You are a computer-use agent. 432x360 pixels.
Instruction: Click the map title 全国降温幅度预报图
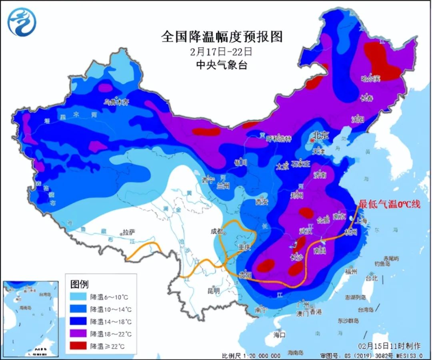(222, 37)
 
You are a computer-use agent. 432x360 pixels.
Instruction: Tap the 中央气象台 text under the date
(222, 65)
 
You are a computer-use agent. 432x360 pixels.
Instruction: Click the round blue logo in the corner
(22, 22)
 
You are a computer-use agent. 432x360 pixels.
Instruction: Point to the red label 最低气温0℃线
(389, 204)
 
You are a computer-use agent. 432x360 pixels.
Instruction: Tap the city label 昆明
(214, 291)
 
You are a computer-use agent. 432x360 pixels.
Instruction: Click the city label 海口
(279, 334)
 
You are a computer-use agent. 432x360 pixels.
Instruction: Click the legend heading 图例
(80, 284)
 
